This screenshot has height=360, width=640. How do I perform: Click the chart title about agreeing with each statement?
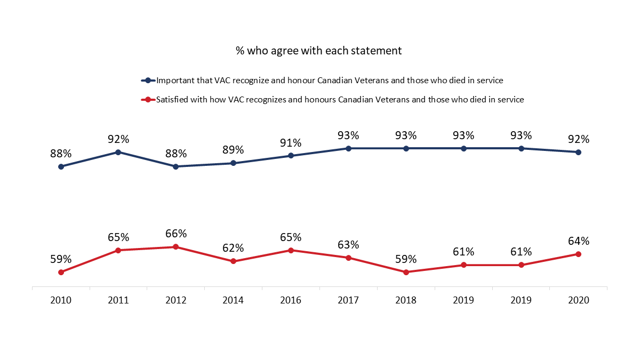[318, 51]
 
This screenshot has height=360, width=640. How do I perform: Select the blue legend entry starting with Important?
[330, 81]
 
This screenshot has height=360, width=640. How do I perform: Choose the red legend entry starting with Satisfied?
[340, 99]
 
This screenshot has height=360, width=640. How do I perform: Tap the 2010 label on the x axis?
[61, 300]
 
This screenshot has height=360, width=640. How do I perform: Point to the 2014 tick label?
[233, 300]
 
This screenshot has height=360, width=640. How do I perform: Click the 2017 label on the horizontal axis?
[348, 300]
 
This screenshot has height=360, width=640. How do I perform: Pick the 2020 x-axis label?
[579, 300]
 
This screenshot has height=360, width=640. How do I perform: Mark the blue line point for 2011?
[118, 152]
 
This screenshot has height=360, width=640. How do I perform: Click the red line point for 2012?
[176, 247]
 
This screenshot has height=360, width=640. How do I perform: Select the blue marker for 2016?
[291, 156]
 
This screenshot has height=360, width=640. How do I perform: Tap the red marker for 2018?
[406, 272]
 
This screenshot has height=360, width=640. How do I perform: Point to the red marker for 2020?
[579, 254]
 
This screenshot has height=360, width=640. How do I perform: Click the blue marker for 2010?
[61, 166]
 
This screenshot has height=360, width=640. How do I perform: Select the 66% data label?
[176, 234]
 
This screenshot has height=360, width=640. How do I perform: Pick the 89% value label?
[233, 150]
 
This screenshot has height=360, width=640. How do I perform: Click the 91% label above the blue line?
[291, 142]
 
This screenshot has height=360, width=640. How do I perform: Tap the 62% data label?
[233, 248]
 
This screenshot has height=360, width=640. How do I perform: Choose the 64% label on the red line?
[579, 241]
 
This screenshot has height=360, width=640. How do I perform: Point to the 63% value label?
[348, 245]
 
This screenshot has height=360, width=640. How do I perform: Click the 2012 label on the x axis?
[176, 300]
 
